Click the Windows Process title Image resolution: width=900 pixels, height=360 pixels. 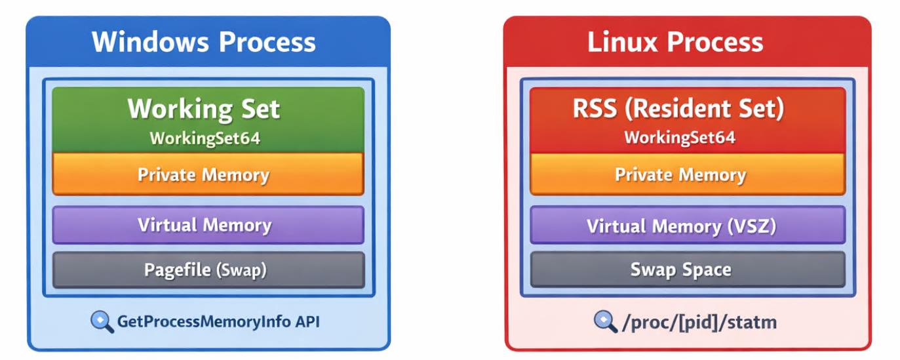pyautogui.click(x=203, y=42)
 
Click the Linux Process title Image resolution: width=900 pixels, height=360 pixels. pyautogui.click(x=675, y=42)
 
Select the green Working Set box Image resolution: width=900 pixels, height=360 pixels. pyautogui.click(x=208, y=119)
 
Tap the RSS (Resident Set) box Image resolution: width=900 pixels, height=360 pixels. pyautogui.click(x=687, y=119)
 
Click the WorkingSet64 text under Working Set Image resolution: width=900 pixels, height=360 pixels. pyautogui.click(x=205, y=138)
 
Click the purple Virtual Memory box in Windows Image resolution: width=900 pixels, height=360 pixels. pyautogui.click(x=208, y=225)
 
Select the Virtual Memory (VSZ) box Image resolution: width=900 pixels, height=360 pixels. pyautogui.click(x=687, y=226)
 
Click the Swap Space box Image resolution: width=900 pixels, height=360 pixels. pyautogui.click(x=687, y=269)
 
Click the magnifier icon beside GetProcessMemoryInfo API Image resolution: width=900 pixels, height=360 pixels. pyautogui.click(x=102, y=322)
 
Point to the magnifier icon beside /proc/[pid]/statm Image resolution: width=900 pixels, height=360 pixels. pyautogui.click(x=604, y=321)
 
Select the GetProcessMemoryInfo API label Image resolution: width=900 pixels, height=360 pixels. pyautogui.click(x=218, y=322)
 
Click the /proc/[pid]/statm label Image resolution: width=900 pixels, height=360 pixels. pyautogui.click(x=699, y=322)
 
